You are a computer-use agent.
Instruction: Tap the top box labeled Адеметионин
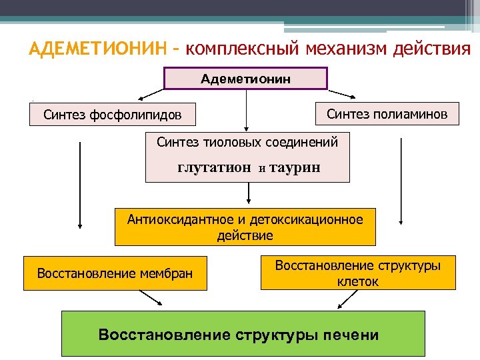(x=246, y=79)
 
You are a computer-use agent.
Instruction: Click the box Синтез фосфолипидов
(x=112, y=114)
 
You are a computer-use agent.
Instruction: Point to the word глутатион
(x=215, y=168)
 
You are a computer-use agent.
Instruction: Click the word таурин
(x=295, y=168)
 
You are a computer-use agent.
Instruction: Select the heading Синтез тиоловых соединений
(x=247, y=142)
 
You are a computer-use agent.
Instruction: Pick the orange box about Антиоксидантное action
(x=245, y=227)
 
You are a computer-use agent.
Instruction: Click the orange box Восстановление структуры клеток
(x=358, y=273)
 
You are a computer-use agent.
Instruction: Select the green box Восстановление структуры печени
(x=238, y=333)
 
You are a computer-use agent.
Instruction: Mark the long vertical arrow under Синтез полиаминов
(x=401, y=180)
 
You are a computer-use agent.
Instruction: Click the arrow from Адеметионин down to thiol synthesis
(x=247, y=110)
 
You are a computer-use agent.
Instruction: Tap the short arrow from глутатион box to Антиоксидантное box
(x=249, y=193)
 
